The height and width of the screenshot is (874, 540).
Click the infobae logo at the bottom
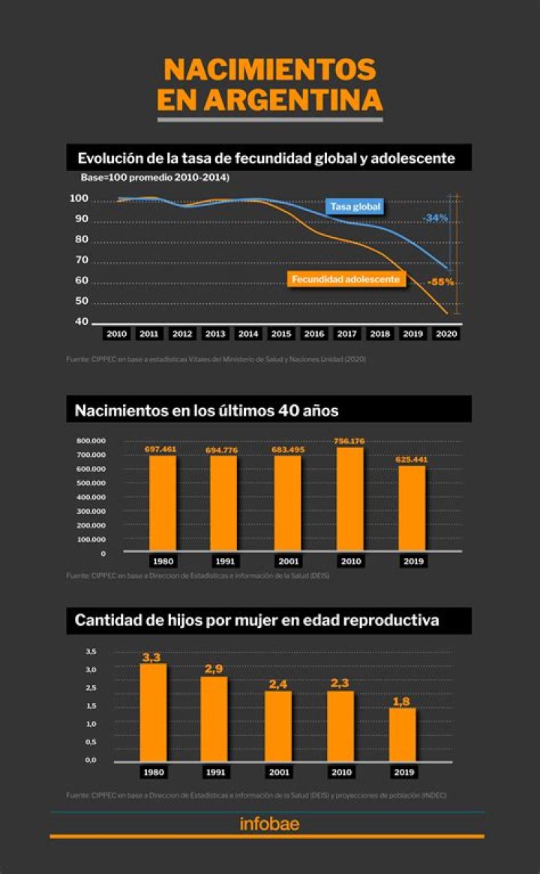coord(269,824)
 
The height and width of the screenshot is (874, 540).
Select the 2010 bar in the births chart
coord(350,499)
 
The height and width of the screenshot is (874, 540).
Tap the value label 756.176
coord(350,441)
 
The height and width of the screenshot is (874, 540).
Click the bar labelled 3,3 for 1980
coord(153,713)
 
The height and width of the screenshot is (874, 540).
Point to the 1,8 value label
coord(402,701)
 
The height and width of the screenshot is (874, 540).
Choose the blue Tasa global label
coord(355,206)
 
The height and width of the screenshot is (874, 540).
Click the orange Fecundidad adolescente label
coord(346,279)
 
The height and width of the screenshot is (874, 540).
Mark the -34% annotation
coord(435,218)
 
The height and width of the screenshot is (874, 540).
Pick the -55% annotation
coord(440,282)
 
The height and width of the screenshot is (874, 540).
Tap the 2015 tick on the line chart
coord(281,334)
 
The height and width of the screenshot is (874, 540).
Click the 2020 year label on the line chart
coord(446,334)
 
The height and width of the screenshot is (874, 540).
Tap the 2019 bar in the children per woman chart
coord(402,734)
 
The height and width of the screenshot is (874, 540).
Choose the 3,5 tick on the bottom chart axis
coord(91,651)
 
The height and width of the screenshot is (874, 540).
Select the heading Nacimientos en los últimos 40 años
coord(206,410)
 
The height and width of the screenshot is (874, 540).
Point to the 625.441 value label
coord(412,459)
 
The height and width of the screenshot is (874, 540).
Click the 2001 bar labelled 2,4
coord(278,726)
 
